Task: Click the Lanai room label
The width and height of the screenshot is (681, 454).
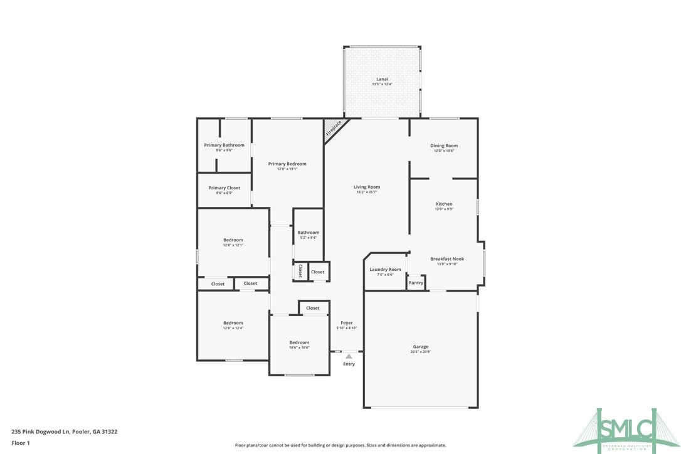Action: click(x=382, y=80)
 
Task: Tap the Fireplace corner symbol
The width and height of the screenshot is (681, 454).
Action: click(x=333, y=129)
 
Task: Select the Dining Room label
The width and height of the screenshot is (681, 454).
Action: click(x=443, y=145)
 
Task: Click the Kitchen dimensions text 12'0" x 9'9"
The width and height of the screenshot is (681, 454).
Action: click(x=444, y=209)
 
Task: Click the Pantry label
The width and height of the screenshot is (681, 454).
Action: click(x=416, y=283)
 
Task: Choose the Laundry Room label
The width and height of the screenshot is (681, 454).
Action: click(x=385, y=270)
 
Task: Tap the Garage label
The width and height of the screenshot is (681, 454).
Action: click(x=421, y=347)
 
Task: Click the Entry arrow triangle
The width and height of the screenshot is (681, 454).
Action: click(x=349, y=356)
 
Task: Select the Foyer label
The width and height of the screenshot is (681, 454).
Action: click(x=346, y=323)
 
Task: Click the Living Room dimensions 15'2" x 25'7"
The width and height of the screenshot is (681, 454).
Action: click(x=367, y=192)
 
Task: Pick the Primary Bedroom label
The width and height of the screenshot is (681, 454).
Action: click(x=287, y=164)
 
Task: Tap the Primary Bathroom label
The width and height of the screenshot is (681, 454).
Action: click(x=224, y=145)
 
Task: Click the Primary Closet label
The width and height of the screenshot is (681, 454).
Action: click(x=224, y=187)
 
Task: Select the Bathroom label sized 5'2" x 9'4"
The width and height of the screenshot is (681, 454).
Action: click(x=308, y=233)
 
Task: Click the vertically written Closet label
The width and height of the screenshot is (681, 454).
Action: click(x=300, y=271)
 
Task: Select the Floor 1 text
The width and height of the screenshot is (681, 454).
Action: click(x=21, y=443)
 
